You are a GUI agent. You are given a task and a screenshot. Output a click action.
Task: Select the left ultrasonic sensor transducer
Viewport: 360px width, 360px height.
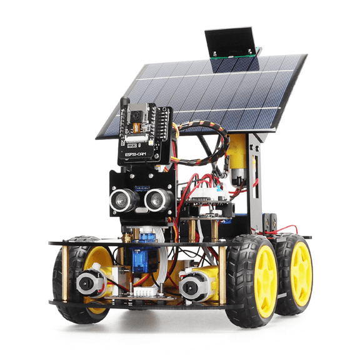tap(121, 199)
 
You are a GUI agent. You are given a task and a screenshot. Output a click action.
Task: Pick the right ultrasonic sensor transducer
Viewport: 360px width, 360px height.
tap(155, 199)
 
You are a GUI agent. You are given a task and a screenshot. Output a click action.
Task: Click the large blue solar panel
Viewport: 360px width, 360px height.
tap(206, 94)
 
